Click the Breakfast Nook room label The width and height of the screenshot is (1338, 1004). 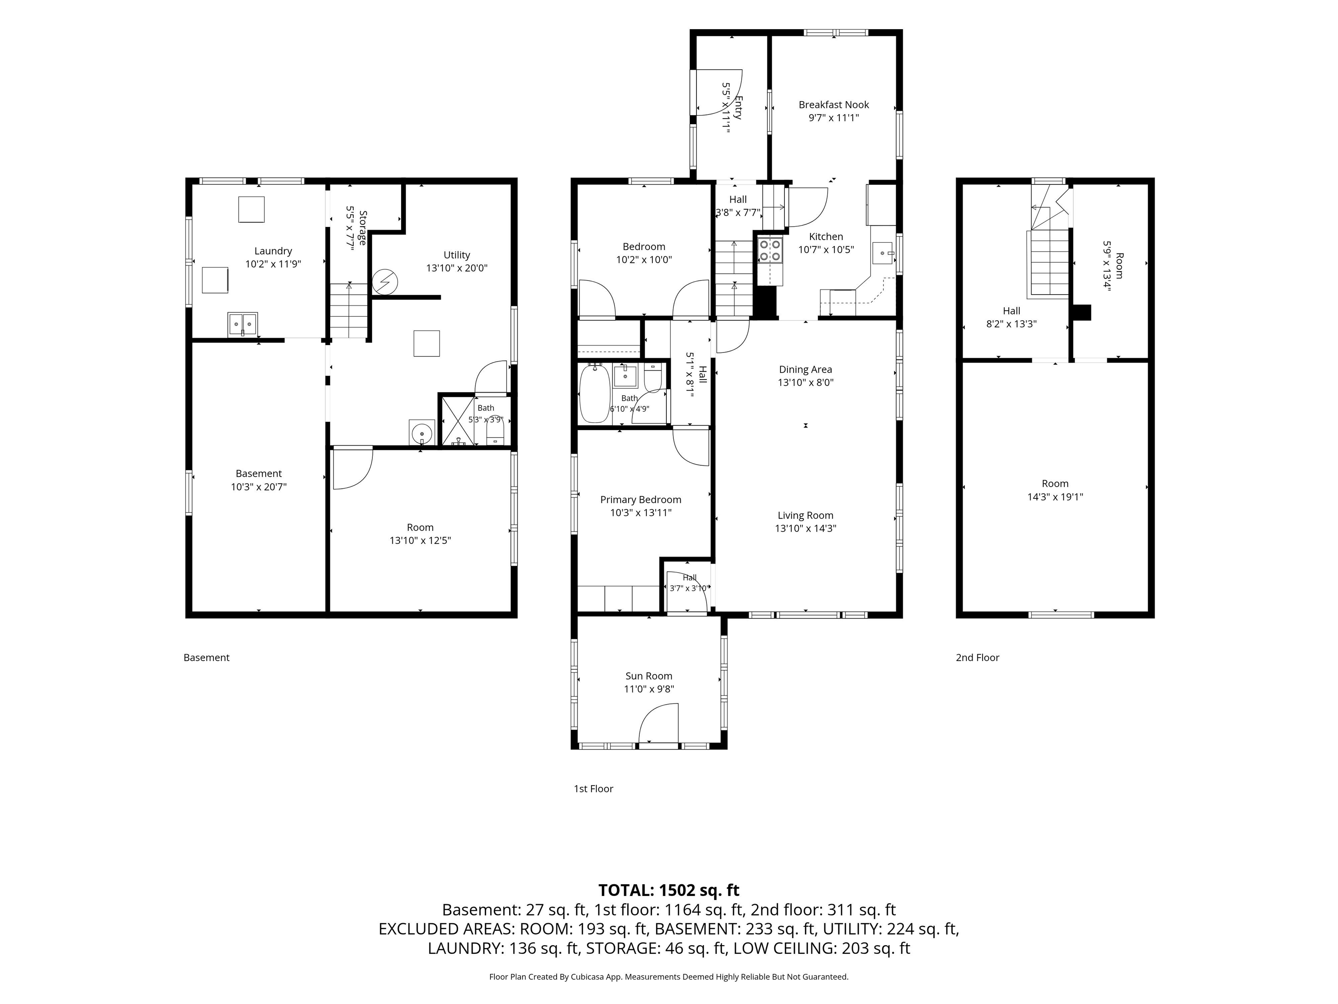coord(834,105)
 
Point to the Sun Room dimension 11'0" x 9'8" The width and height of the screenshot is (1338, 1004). coord(649,689)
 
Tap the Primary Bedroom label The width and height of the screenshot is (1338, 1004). coord(641,499)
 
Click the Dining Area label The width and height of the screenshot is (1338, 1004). coord(805,369)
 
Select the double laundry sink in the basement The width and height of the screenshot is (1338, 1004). coord(243,324)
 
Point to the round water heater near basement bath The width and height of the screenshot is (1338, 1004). coord(422,433)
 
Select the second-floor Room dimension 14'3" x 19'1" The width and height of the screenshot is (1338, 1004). coord(1055,497)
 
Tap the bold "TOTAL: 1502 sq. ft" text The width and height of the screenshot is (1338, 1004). coord(669,890)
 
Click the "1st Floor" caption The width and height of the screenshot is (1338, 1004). coord(593,789)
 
